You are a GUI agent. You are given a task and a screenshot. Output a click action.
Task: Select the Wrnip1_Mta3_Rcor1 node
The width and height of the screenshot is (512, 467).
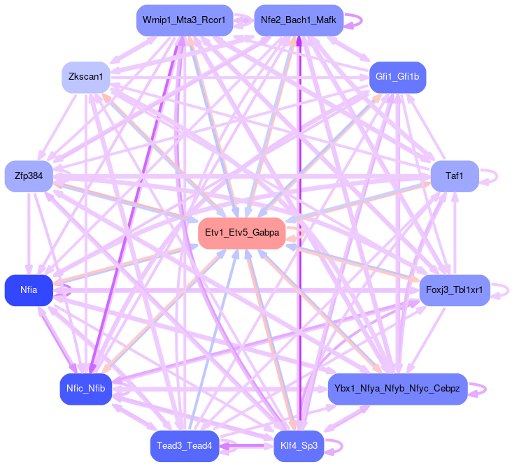tap(183, 20)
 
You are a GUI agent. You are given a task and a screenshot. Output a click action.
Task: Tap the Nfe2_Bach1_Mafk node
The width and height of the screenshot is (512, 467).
tap(298, 20)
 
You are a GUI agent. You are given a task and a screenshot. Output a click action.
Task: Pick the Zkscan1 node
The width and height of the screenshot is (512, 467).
tap(85, 76)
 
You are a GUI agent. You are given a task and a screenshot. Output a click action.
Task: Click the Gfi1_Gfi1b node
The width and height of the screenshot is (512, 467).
tap(397, 77)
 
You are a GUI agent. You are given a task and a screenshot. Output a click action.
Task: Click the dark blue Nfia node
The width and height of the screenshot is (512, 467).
tap(29, 290)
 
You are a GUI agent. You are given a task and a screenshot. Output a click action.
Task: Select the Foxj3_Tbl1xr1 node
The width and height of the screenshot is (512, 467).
tap(454, 289)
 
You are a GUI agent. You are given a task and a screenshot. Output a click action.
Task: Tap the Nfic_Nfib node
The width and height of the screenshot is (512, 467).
tap(85, 389)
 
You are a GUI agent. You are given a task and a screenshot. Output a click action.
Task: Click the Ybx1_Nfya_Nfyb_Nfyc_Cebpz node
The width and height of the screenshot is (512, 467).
tap(397, 389)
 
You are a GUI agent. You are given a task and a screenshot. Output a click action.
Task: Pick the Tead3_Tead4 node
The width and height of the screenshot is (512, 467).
tap(184, 445)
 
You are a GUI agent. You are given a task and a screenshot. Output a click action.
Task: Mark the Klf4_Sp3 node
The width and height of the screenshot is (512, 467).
tap(299, 445)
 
